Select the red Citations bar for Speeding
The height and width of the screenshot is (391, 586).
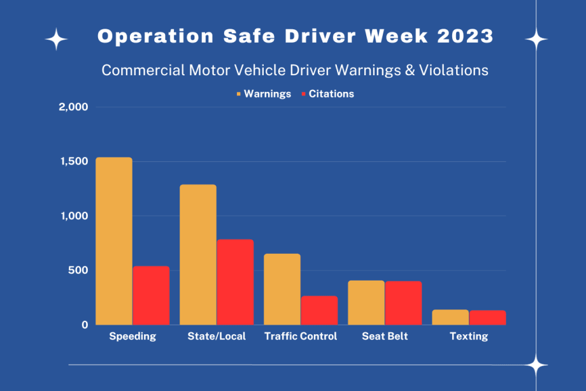click(151, 295)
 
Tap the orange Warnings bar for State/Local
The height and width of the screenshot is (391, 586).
click(198, 255)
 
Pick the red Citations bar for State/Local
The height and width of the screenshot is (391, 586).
click(235, 282)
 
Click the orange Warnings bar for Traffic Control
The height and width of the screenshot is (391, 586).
click(282, 289)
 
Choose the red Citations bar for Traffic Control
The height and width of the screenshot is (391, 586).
click(319, 310)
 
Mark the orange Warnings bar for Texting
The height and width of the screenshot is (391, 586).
click(450, 317)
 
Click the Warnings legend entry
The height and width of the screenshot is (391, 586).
click(263, 94)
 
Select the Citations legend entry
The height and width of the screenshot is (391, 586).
click(327, 94)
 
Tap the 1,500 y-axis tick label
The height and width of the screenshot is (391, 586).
click(74, 161)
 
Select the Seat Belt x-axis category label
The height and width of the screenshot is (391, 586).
click(385, 336)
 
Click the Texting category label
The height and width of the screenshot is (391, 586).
click(469, 336)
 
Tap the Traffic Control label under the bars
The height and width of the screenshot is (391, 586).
click(301, 336)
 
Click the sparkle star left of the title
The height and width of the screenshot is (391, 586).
click(56, 40)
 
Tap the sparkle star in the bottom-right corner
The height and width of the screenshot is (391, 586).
click(537, 365)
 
